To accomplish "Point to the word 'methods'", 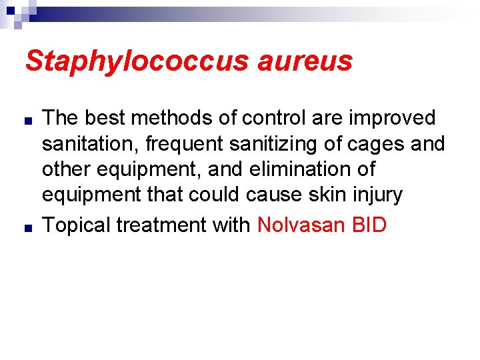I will [171, 118].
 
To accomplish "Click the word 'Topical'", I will [76, 225].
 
